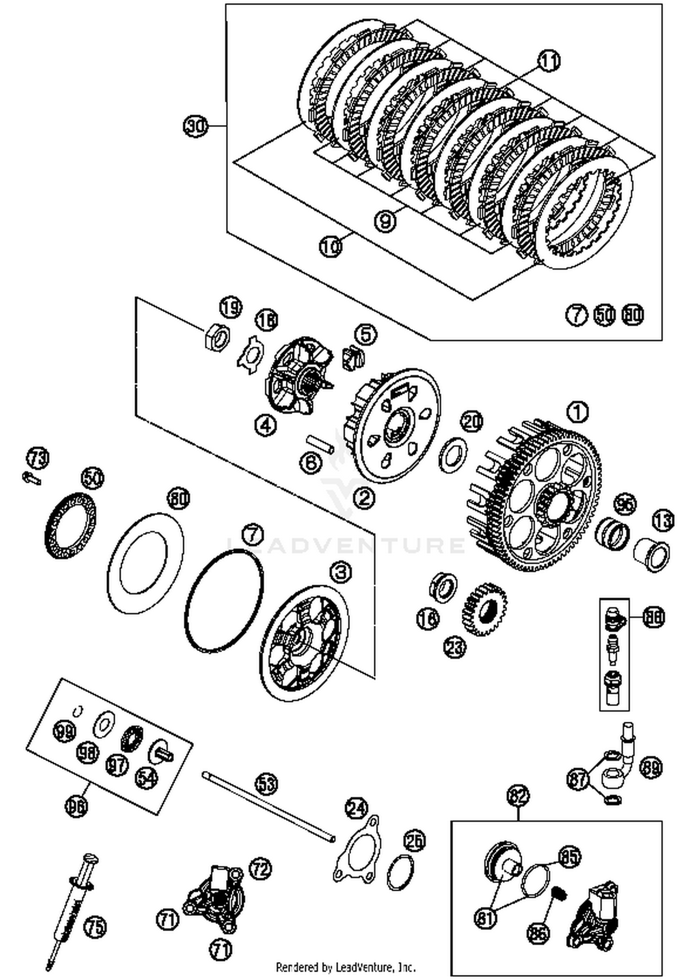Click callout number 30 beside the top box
[x=196, y=126]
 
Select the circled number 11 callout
[x=549, y=62]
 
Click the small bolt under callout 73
[x=31, y=479]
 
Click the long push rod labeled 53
[x=268, y=807]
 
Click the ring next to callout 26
[x=400, y=872]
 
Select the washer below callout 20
[x=452, y=454]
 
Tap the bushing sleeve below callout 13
[x=651, y=555]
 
